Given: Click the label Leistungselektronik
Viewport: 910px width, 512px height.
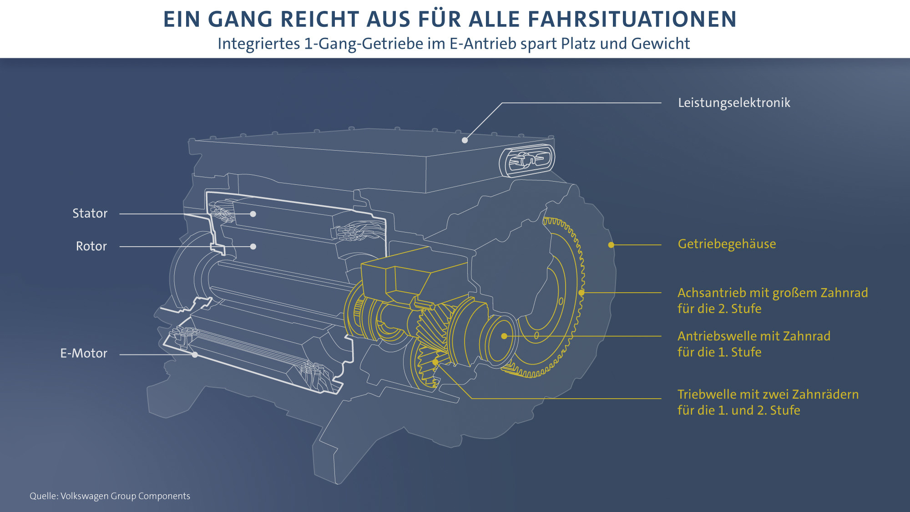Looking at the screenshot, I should click(x=734, y=103).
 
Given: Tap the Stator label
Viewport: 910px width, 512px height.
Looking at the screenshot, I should click(x=90, y=213).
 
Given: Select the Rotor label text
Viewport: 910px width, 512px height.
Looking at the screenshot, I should click(x=91, y=246).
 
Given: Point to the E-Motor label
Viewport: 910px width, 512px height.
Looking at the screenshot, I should click(x=84, y=354).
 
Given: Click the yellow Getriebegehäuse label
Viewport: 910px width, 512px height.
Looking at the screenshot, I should click(x=727, y=244).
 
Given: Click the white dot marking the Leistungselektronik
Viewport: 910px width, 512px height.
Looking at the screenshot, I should click(x=465, y=140).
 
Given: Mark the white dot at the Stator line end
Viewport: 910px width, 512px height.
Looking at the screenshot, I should click(x=253, y=214).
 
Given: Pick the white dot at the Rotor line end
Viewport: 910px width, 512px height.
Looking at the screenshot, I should click(x=253, y=247).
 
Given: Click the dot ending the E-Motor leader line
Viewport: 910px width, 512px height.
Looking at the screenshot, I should click(x=195, y=355).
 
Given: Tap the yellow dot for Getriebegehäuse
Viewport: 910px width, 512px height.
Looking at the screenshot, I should click(x=611, y=245).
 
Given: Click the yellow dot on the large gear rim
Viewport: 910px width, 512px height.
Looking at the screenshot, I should click(x=581, y=293).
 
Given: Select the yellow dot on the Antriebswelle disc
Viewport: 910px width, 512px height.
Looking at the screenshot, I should click(x=504, y=336).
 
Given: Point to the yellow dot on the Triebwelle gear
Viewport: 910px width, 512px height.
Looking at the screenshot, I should click(x=435, y=362).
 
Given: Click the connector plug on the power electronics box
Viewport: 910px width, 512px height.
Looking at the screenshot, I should click(x=527, y=160).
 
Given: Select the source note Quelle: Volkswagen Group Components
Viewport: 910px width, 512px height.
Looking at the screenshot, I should click(x=110, y=496).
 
